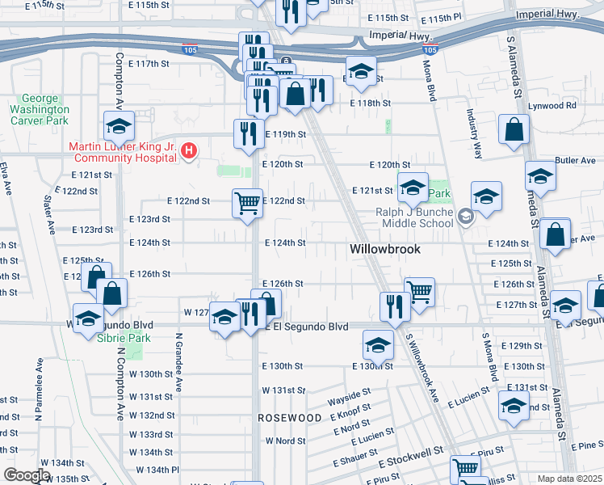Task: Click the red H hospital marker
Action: coord(189,150)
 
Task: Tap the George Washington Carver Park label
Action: coord(40,109)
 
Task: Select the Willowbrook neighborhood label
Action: coord(385,250)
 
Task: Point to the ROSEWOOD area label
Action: coord(290,418)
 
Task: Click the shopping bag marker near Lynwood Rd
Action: coord(514,129)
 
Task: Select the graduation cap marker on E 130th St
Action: coord(377,345)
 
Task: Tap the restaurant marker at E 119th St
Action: coord(247,133)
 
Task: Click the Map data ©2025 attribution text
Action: coord(568,479)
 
